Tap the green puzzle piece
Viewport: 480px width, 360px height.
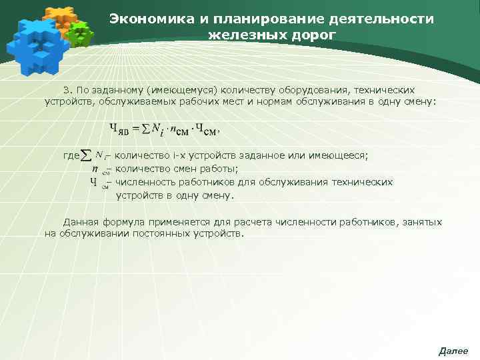pos(81,33)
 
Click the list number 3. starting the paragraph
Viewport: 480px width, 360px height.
pos(67,89)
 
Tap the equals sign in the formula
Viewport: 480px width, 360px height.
pos(136,128)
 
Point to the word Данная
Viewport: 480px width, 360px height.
pos(81,221)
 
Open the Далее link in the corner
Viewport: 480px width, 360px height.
pos(453,351)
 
